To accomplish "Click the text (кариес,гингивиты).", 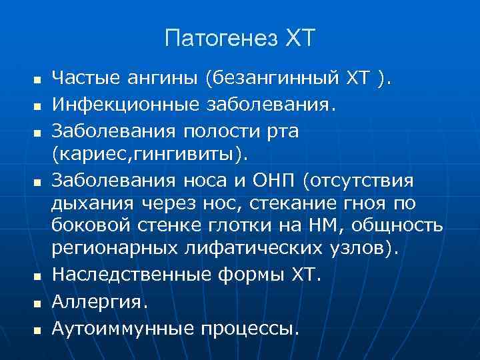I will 149,154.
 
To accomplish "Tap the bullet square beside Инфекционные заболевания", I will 37,105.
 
